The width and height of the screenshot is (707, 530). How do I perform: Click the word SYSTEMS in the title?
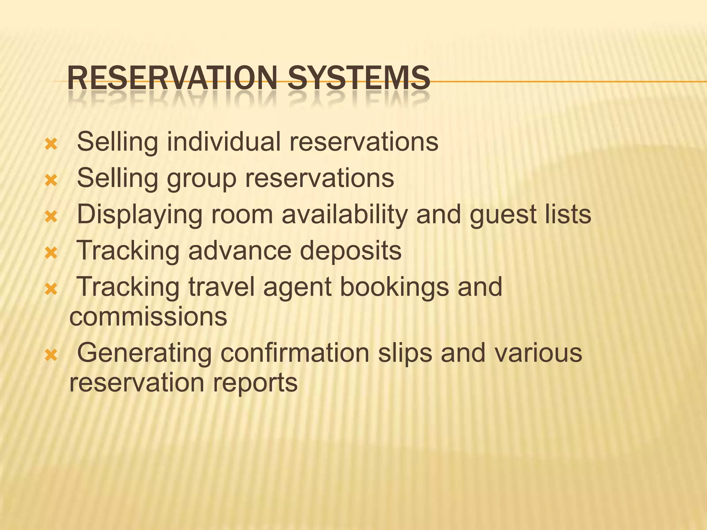359,78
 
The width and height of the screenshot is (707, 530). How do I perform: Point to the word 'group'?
202,178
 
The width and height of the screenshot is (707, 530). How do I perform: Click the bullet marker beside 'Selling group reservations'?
51,180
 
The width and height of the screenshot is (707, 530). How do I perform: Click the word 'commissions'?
148,316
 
